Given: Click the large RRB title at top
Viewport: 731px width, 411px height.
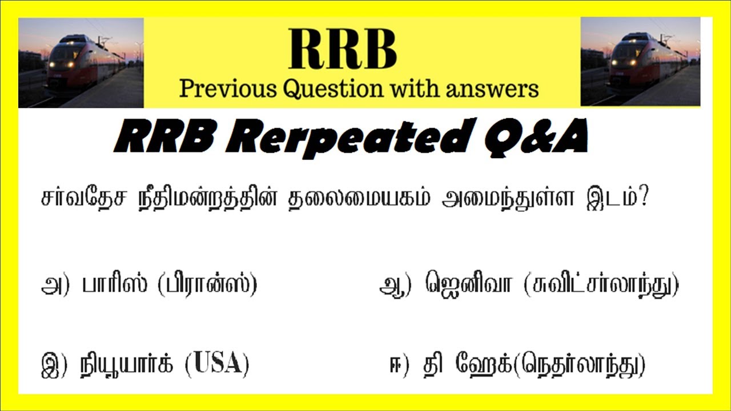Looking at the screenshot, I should pyautogui.click(x=343, y=50).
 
